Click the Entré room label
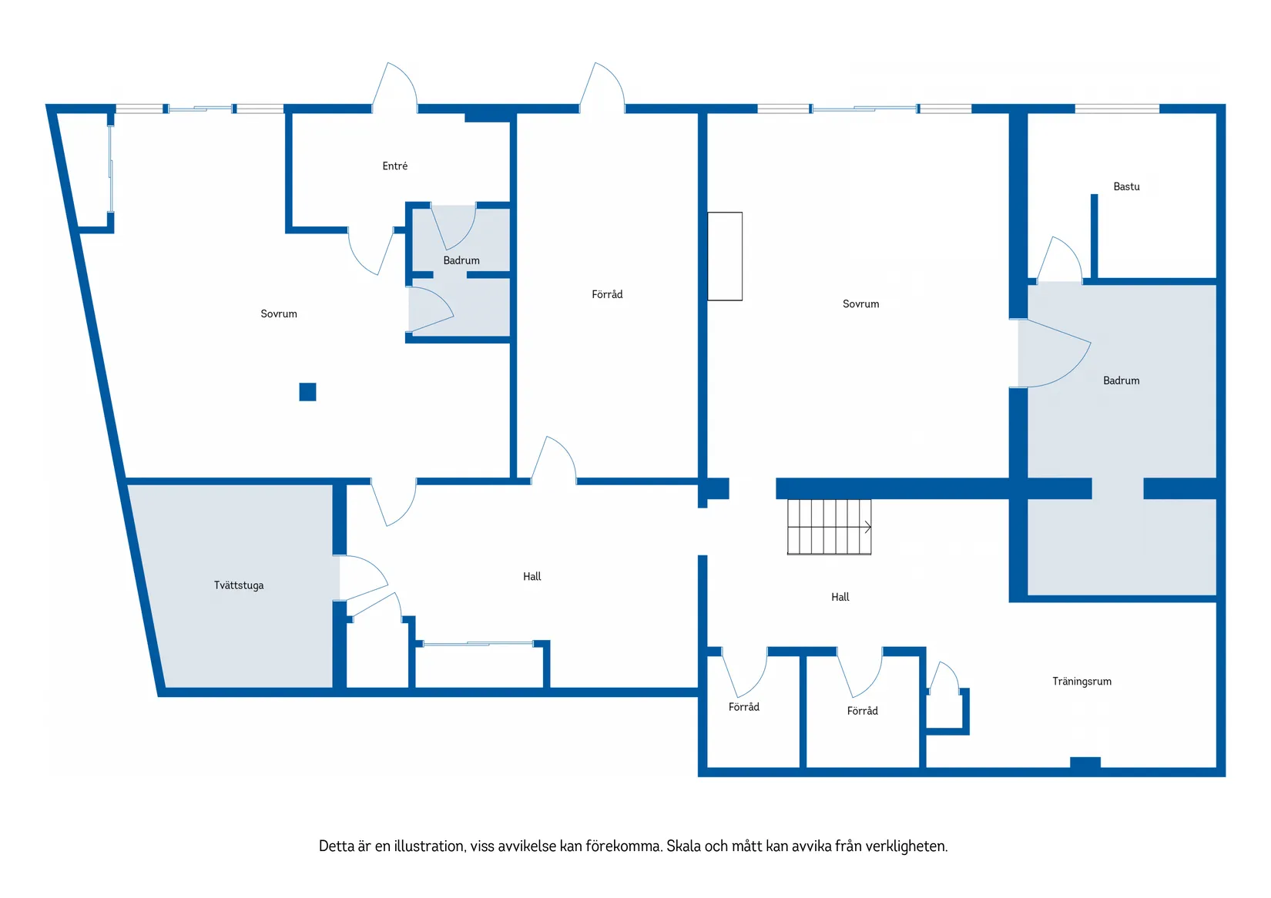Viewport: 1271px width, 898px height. [395, 166]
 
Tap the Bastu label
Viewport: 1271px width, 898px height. [1126, 186]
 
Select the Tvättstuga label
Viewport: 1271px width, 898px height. [239, 585]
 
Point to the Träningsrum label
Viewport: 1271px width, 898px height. [1082, 682]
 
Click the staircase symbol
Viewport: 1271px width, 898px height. [829, 527]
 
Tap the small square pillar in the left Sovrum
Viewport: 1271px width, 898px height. [307, 392]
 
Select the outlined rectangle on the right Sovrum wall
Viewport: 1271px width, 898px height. [725, 256]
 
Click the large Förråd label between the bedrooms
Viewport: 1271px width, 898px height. [607, 294]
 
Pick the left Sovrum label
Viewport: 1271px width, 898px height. [279, 313]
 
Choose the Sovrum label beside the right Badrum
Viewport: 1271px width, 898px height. [860, 304]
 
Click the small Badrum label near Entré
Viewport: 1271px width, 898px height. [461, 260]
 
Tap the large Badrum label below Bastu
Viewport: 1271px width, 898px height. [1122, 380]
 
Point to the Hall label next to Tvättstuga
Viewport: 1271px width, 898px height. [532, 577]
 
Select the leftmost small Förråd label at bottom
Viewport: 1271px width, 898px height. [744, 707]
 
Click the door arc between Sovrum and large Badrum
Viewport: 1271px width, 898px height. [1068, 371]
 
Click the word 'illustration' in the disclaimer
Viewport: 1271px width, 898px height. [430, 846]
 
